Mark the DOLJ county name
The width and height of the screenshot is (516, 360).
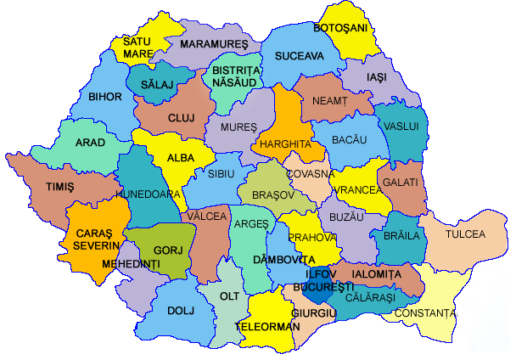point(174,311)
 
